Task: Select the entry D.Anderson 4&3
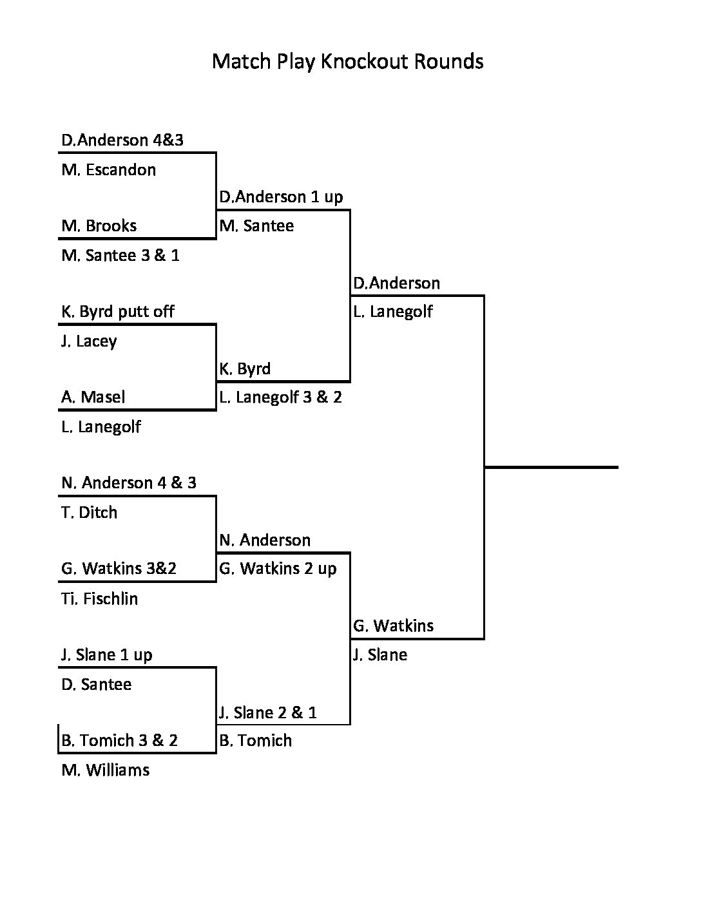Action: pos(122,140)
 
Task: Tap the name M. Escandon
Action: pos(109,170)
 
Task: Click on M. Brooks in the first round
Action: pos(99,226)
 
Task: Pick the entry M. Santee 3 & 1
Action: pos(120,256)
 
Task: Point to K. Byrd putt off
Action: pos(118,312)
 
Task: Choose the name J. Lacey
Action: pos(89,341)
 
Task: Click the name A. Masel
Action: pos(93,397)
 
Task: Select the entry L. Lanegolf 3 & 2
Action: pos(280,397)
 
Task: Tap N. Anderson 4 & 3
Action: pos(129,483)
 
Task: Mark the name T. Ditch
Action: pos(90,513)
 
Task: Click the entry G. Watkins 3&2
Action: pos(119,569)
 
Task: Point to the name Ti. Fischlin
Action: pos(100,599)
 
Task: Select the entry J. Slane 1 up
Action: pos(107,655)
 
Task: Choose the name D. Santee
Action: pos(97,685)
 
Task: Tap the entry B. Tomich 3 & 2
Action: pos(120,741)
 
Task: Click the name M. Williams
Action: pos(106,770)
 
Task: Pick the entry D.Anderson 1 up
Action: pos(281,197)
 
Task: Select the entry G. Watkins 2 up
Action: pos(278,569)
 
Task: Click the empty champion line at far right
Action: pos(551,466)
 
